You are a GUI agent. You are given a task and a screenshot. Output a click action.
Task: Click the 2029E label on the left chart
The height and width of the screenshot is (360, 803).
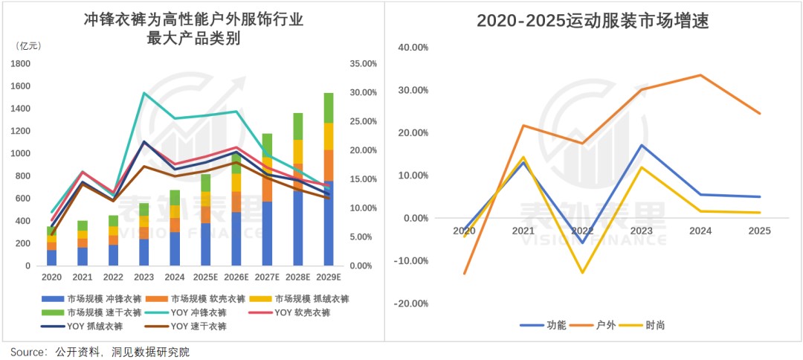[328, 277]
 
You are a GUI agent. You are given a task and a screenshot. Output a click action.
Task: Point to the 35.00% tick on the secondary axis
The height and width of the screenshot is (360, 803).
[363, 64]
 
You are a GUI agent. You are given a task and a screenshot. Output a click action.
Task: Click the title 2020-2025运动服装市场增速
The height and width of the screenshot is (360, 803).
[593, 22]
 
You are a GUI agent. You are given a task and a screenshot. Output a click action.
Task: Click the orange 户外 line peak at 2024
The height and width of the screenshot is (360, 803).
[700, 75]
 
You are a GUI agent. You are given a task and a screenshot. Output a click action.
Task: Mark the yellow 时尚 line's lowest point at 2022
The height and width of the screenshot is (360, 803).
[583, 273]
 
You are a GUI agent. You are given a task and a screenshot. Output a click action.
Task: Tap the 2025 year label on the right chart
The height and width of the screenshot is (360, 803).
[759, 231]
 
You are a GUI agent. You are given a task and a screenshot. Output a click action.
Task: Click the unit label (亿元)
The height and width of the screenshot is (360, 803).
[28, 46]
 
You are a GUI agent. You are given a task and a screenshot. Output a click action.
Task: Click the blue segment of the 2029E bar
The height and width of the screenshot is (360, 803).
[328, 223]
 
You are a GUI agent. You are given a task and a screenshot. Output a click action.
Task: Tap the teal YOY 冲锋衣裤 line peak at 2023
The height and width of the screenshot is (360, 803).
[144, 93]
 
